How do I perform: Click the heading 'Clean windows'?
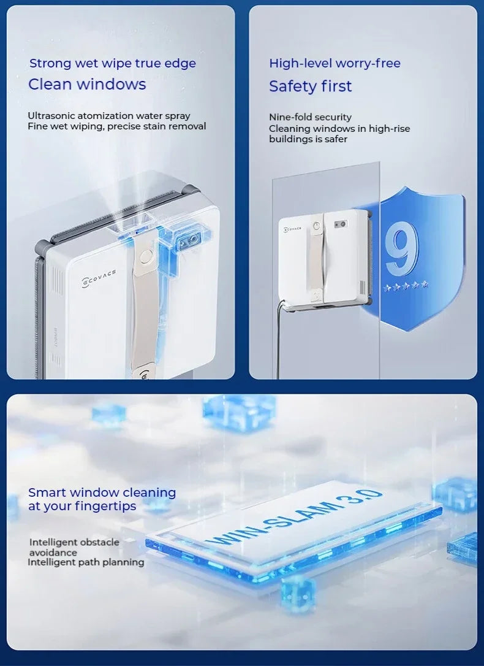87,85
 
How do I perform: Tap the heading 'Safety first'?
310,86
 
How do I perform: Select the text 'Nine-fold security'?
310,117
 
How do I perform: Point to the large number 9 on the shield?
402,248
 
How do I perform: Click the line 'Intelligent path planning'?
86,562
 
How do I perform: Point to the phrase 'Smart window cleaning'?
102,492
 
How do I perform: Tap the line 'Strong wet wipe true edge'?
113,63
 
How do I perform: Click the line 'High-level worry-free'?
335,63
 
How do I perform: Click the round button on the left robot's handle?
145,255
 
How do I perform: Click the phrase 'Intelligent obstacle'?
74,542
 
